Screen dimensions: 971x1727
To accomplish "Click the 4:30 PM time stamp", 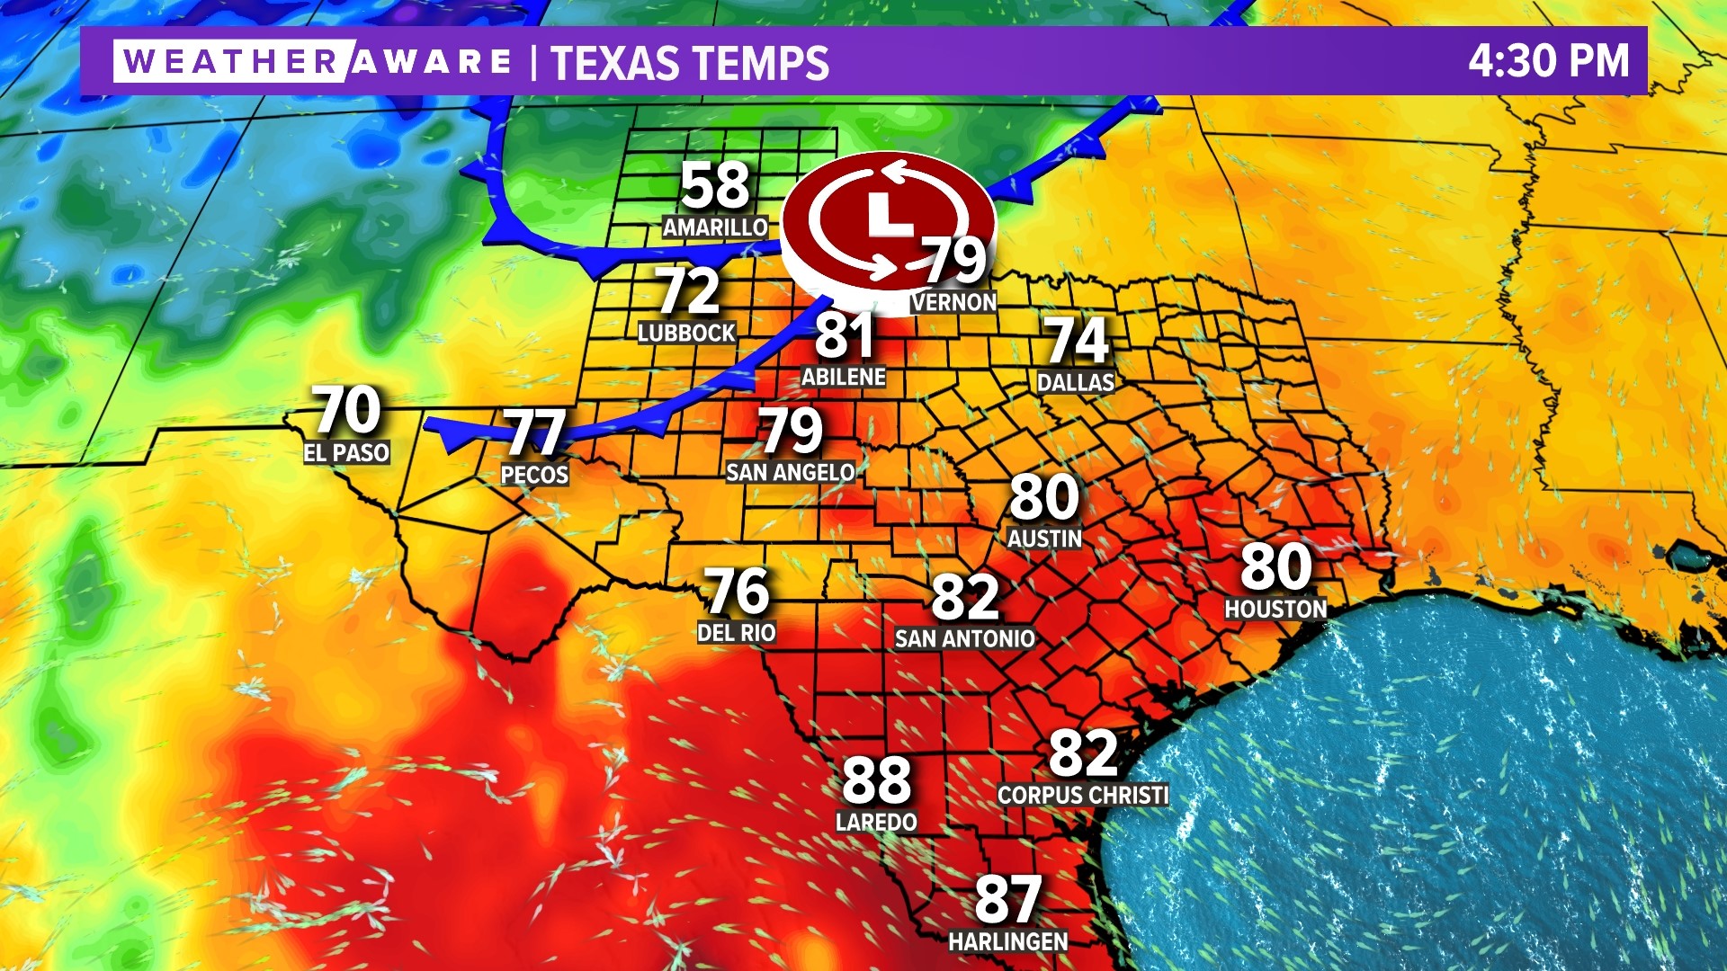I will point(1548,61).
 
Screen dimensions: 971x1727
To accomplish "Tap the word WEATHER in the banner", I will point(230,61).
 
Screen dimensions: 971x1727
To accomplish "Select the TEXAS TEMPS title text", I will point(690,63).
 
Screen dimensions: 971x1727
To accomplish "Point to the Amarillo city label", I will point(715,227).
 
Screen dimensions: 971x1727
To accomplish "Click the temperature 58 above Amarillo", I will point(715,185).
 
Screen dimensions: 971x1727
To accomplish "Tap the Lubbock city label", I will point(686,333).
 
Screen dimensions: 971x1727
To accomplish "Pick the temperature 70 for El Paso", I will point(346,410).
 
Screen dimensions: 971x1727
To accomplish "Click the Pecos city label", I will point(534,474).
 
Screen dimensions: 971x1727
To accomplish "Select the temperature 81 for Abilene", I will point(844,335).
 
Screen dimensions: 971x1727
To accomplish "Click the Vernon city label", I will point(953,302).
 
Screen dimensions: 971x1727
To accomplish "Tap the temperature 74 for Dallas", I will point(1076,340).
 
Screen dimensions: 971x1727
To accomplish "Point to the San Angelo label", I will point(790,471).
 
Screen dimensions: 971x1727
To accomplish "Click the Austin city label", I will point(1044,538).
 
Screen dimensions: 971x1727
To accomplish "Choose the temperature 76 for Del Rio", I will point(737,591).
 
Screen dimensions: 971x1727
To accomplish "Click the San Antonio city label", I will point(964,638).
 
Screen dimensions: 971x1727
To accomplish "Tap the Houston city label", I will point(1275,609).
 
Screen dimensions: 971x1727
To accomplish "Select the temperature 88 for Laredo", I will point(876,779).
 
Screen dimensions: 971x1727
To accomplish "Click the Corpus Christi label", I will point(1083,795).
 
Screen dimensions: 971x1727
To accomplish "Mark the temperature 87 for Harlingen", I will point(1008,898).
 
